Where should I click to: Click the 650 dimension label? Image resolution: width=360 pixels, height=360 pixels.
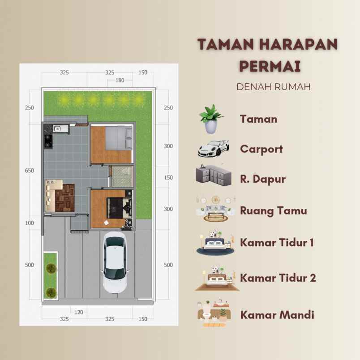(x=30, y=171)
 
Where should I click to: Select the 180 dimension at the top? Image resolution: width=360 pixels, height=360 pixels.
(x=120, y=81)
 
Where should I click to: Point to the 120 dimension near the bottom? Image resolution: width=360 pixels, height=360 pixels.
(x=79, y=312)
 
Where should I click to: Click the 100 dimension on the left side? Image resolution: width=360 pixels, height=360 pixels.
(x=30, y=223)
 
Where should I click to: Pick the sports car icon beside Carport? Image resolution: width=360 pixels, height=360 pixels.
(x=214, y=148)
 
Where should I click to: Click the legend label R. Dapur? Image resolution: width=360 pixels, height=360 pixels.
(x=263, y=179)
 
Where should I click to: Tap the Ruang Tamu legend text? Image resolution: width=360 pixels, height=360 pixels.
(x=274, y=210)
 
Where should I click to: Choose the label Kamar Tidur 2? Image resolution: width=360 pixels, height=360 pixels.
(x=278, y=278)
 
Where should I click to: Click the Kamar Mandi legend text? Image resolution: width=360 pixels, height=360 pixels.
(x=277, y=314)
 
